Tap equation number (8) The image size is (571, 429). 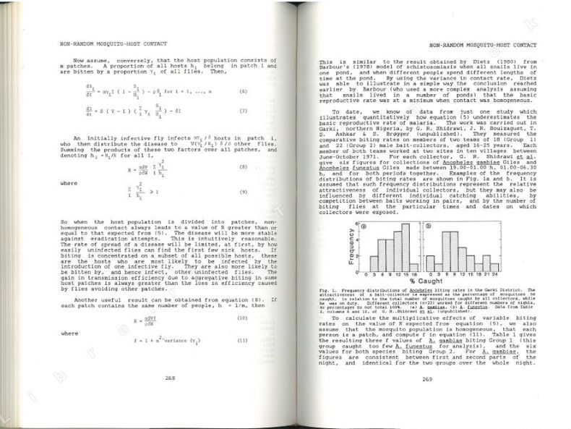(x=244, y=166)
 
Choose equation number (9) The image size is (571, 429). (x=244, y=191)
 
